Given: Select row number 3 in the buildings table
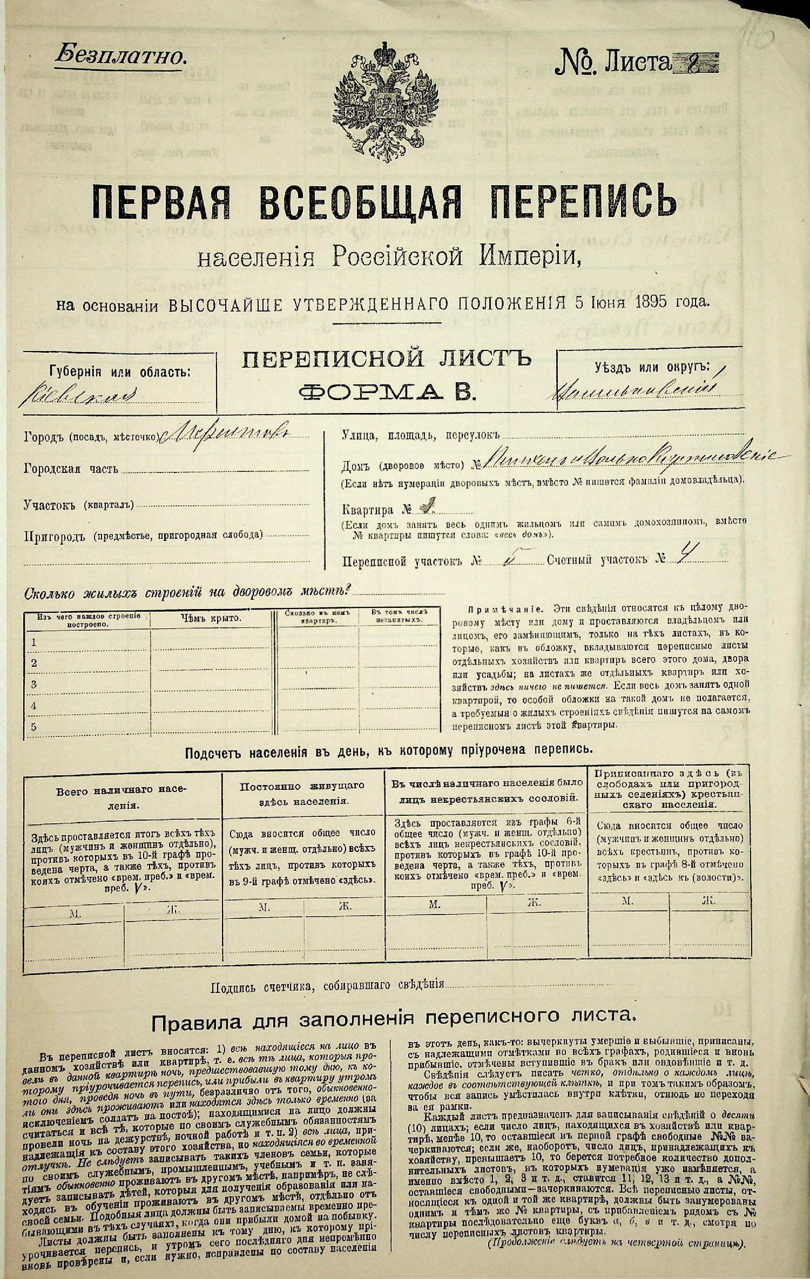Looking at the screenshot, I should [x=34, y=685].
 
